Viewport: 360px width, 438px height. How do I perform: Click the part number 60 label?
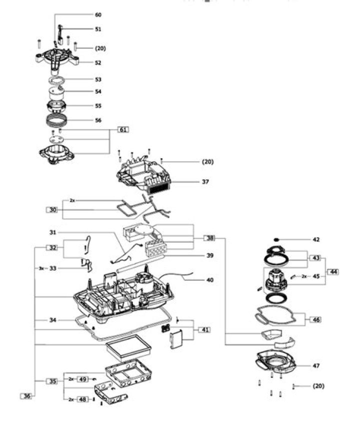tap(98, 15)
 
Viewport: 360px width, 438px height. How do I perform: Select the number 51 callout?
tap(98, 29)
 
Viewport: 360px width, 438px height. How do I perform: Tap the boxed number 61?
tap(123, 130)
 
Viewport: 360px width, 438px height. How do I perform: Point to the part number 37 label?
tap(205, 182)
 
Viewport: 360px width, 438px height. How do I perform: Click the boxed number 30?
tap(53, 210)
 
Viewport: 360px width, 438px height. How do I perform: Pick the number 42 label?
tap(315, 240)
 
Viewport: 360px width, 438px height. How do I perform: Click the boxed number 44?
tap(332, 272)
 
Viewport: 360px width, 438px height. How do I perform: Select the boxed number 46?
tap(316, 319)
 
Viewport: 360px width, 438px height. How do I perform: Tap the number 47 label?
tap(316, 366)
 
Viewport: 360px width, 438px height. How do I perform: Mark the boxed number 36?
tap(27, 396)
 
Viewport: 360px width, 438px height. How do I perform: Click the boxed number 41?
tap(205, 329)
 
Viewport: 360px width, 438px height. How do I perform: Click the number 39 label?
tap(210, 255)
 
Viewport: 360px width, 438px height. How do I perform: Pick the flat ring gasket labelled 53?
tap(58, 80)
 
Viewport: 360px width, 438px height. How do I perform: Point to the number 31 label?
tap(53, 232)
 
